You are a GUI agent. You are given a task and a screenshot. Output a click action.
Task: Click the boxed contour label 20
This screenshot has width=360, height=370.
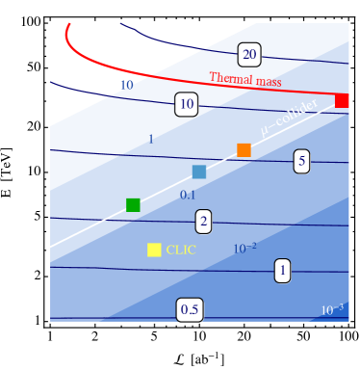[249, 54]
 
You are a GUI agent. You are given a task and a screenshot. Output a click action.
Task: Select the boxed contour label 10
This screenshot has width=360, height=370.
[187, 104]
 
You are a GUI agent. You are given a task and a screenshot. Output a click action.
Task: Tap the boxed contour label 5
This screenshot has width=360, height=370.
[301, 161]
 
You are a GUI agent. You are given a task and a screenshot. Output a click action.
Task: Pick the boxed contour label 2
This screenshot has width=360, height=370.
[203, 222]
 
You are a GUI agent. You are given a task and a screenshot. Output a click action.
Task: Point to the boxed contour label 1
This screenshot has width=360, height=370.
[282, 271]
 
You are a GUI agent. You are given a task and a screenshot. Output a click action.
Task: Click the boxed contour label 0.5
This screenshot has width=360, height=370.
[190, 309]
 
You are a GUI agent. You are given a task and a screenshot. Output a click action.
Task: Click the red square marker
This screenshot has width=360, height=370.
[342, 100]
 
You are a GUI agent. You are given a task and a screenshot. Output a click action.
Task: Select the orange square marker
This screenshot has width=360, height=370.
[244, 150]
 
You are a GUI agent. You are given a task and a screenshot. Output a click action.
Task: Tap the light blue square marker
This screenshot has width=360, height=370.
[199, 172]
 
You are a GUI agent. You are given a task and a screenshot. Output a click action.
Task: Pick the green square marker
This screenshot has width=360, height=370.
[133, 204]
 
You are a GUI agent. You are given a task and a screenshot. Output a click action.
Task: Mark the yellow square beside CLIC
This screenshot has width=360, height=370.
[154, 250]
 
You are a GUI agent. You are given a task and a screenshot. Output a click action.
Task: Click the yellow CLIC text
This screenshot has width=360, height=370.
[181, 250]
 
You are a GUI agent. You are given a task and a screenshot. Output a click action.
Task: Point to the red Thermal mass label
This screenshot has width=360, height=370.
[244, 81]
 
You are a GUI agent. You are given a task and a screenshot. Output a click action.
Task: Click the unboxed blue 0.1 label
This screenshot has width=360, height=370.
[188, 195]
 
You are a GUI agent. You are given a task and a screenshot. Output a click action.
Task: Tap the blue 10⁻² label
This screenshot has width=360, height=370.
[244, 249]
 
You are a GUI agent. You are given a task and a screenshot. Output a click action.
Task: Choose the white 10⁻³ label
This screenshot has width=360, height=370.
[331, 309]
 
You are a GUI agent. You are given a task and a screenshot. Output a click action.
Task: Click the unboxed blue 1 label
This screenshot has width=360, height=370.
[150, 139]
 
